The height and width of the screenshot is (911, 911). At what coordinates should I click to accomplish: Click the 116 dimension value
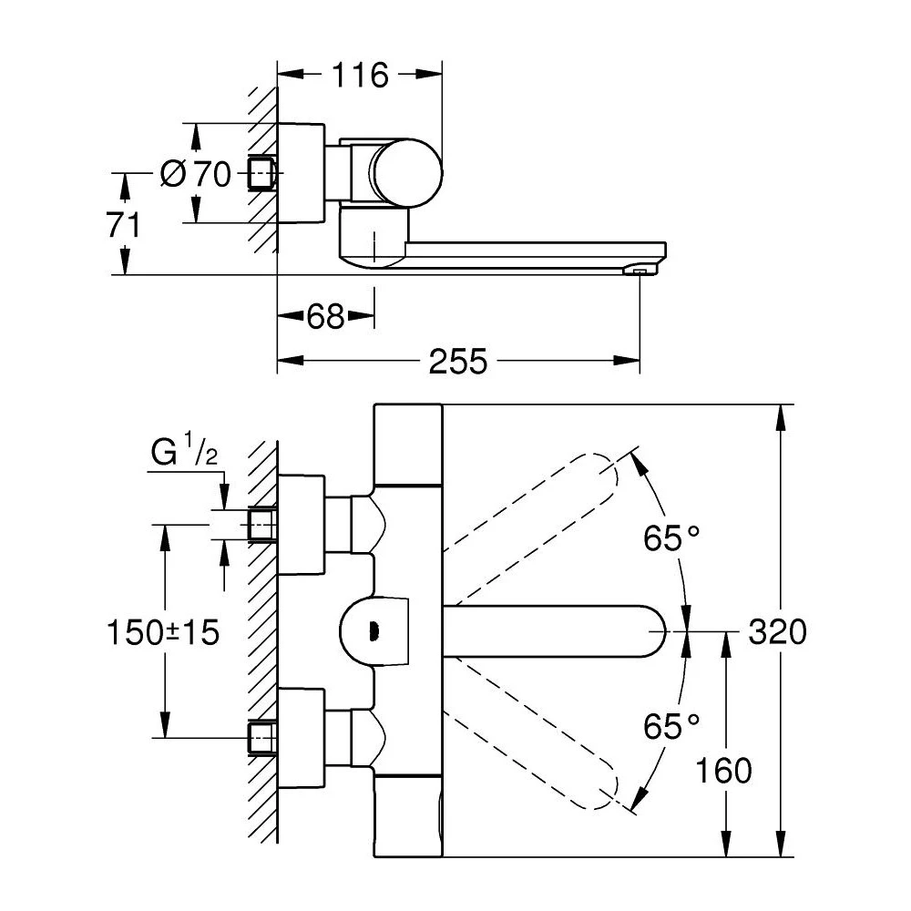[x=359, y=77]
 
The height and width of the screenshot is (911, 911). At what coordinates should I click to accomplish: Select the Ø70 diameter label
[x=197, y=173]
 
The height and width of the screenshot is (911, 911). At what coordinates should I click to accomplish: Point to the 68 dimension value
[x=325, y=317]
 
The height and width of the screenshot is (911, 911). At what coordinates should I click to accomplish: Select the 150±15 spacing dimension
[x=163, y=631]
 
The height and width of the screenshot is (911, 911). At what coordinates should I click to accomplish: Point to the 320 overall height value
[x=777, y=631]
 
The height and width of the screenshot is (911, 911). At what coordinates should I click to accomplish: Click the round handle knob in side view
[x=409, y=170]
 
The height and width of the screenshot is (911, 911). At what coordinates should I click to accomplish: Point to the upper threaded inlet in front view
[x=262, y=525]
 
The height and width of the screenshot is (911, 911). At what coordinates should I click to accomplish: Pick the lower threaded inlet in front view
[x=262, y=736]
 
